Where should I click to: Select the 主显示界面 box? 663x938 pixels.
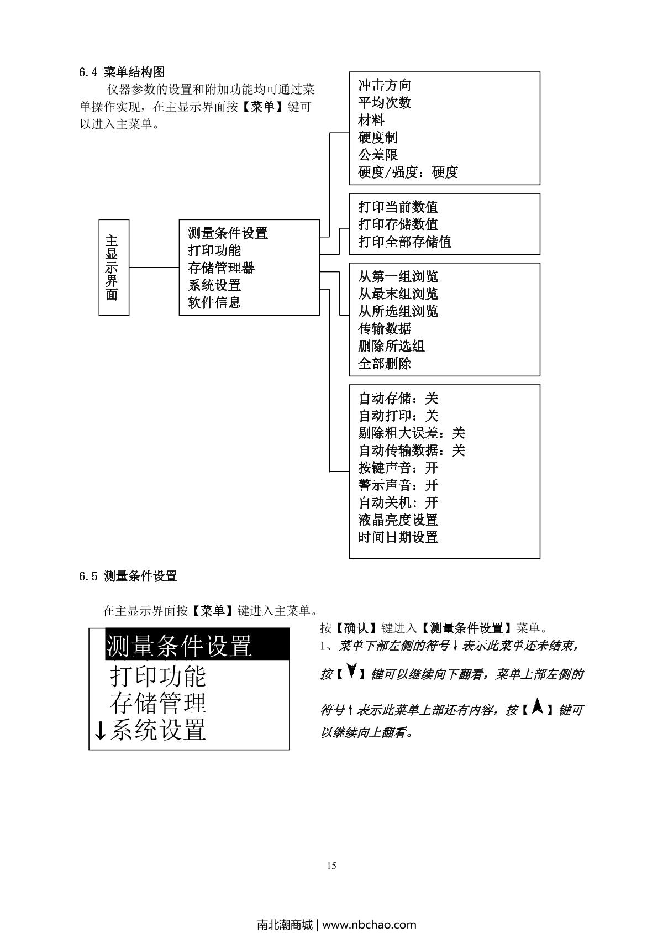pyautogui.click(x=114, y=268)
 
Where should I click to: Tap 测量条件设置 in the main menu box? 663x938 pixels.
pyautogui.click(x=228, y=233)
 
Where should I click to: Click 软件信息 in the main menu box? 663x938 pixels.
pyautogui.click(x=214, y=303)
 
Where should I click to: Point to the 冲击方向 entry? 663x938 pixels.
pyautogui.click(x=385, y=86)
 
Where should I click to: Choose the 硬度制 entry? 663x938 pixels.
pyautogui.click(x=378, y=138)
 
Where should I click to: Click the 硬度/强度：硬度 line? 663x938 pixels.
pyautogui.click(x=408, y=172)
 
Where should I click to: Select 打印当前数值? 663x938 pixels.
pyautogui.click(x=398, y=207)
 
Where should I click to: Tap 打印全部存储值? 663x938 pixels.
pyautogui.click(x=404, y=242)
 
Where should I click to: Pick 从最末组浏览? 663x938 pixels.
pyautogui.click(x=398, y=294)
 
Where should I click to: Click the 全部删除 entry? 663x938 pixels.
pyautogui.click(x=385, y=364)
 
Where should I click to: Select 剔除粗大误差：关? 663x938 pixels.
pyautogui.click(x=412, y=433)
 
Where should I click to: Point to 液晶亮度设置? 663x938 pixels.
pyautogui.click(x=398, y=520)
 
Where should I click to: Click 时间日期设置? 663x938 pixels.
pyautogui.click(x=398, y=537)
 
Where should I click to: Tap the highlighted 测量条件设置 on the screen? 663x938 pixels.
pyautogui.click(x=179, y=646)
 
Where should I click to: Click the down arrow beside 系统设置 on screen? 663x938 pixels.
pyautogui.click(x=101, y=731)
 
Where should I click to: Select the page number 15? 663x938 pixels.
pyautogui.click(x=331, y=866)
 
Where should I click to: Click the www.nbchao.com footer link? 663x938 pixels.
pyautogui.click(x=369, y=924)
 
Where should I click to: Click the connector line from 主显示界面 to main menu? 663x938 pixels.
pyautogui.click(x=154, y=268)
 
